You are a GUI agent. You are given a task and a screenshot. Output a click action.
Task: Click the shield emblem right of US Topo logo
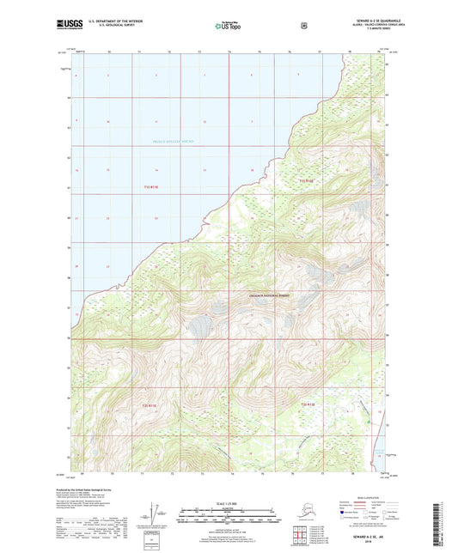pos(303,26)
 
